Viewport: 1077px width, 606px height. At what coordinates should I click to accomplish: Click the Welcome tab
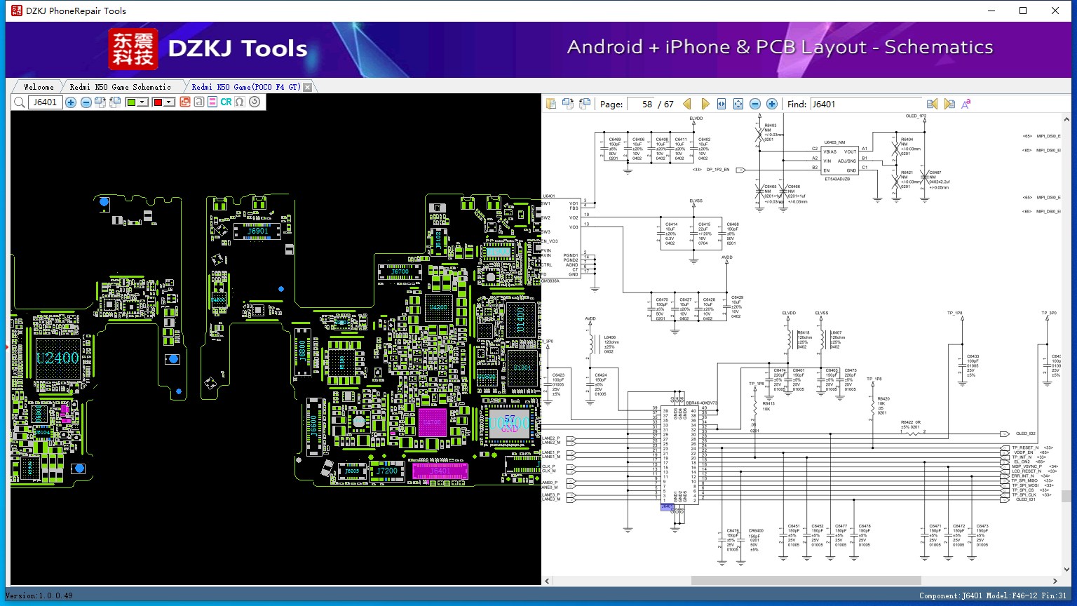coord(39,87)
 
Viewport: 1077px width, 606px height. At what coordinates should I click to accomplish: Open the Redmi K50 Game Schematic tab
coord(120,87)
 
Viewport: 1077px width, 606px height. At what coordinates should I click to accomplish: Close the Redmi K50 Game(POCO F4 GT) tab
coord(307,87)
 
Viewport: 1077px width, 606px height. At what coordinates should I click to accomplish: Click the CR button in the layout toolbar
coord(226,102)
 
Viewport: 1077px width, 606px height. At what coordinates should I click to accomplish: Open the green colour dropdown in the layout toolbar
coord(142,102)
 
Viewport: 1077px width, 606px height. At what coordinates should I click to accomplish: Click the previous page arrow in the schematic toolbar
coord(687,104)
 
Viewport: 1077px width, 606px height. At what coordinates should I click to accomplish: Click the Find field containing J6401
coord(866,104)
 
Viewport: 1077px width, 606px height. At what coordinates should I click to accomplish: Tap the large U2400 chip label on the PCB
coord(57,358)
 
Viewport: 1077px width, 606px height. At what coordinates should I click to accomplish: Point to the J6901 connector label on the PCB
coord(258,231)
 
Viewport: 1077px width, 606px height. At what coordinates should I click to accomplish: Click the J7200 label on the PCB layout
coord(387,471)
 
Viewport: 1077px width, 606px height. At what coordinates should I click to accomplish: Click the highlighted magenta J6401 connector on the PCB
coord(440,471)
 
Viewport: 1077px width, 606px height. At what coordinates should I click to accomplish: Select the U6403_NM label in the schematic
coord(834,142)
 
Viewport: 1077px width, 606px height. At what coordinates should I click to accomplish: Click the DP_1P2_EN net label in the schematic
coord(717,170)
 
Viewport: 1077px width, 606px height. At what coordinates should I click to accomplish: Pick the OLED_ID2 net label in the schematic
coord(1025,433)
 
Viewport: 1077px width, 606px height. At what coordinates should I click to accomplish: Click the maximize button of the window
coord(1023,11)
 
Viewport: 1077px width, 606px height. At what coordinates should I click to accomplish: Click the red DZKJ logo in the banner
coord(133,48)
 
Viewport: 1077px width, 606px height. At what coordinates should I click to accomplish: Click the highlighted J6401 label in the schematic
coord(667,506)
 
